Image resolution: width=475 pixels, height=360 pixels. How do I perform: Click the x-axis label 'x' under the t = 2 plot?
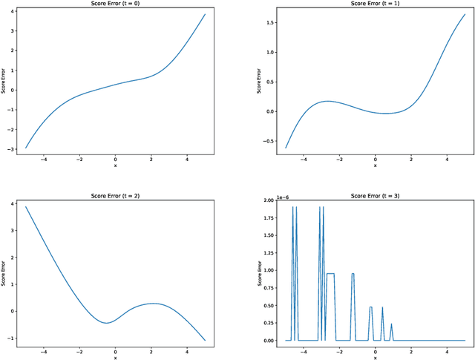(x=115, y=357)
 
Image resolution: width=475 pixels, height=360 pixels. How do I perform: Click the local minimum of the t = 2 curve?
(x=106, y=323)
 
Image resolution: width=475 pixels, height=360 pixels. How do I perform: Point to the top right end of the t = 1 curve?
(x=465, y=13)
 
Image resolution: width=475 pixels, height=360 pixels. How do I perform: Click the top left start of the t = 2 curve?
(x=26, y=206)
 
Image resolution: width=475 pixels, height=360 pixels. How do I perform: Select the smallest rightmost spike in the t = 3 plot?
(x=391, y=324)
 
